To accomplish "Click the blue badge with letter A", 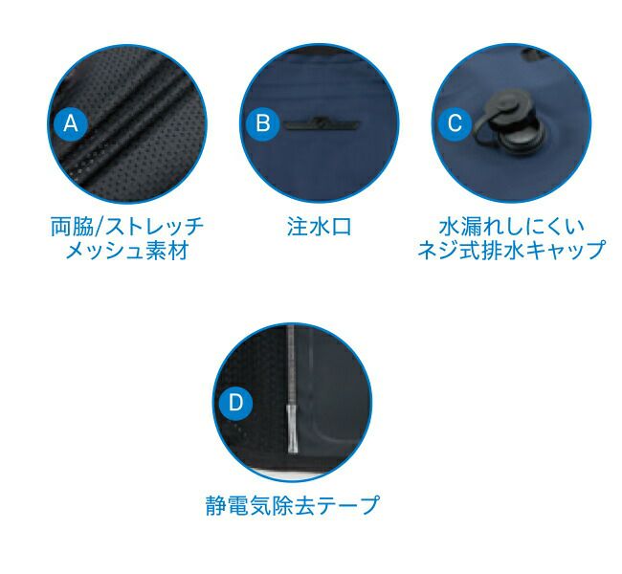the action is pyautogui.click(x=71, y=123).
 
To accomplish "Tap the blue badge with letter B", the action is pyautogui.click(x=262, y=123).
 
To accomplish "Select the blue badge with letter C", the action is pyautogui.click(x=455, y=123).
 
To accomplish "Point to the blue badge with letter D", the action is pyautogui.click(x=235, y=403).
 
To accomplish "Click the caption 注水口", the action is pyautogui.click(x=320, y=227).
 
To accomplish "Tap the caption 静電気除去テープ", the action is pyautogui.click(x=293, y=505).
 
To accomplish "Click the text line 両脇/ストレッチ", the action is pyautogui.click(x=127, y=227).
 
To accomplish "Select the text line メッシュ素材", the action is pyautogui.click(x=127, y=251).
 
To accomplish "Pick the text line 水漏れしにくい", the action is pyautogui.click(x=512, y=226).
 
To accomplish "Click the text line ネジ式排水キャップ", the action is pyautogui.click(x=512, y=250).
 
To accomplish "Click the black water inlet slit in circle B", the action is pyautogui.click(x=322, y=124).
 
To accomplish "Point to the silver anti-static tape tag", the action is pyautogui.click(x=292, y=429).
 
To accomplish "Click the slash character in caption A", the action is pyautogui.click(x=100, y=228).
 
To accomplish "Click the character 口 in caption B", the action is pyautogui.click(x=342, y=228).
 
